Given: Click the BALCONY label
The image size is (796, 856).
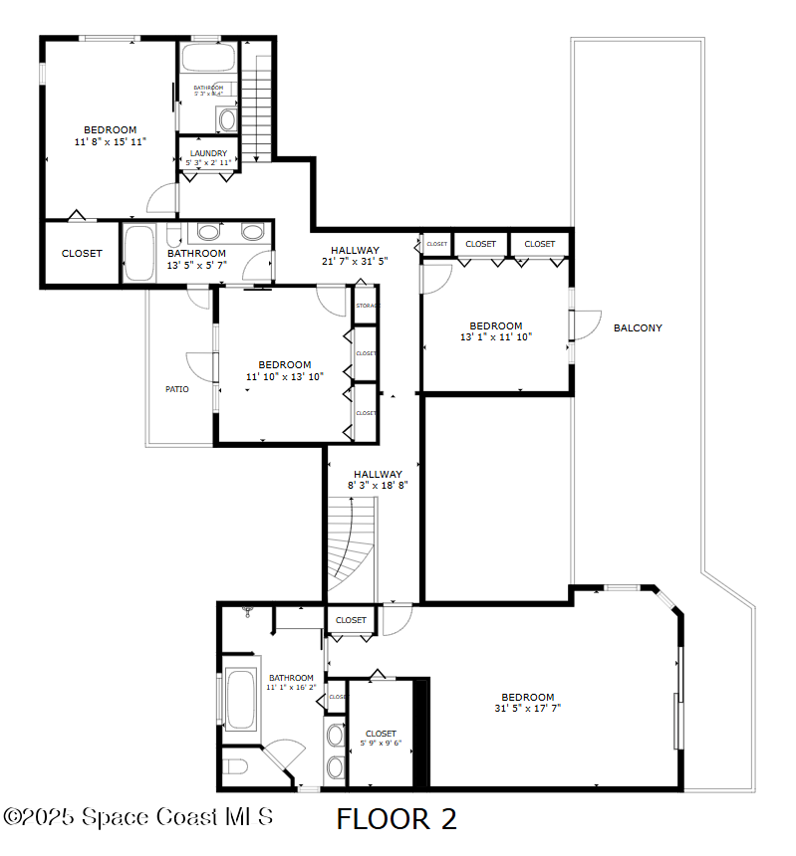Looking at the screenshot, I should (638, 327).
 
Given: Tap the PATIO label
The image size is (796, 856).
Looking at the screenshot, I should (177, 389).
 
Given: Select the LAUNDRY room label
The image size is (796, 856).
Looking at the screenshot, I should (208, 153).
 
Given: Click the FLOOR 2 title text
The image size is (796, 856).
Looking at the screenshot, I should (397, 819).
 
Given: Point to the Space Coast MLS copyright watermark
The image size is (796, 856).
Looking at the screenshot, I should (138, 816).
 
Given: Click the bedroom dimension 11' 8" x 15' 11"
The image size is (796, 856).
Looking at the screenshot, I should (110, 142).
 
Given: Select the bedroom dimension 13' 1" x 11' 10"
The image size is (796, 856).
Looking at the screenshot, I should (496, 337).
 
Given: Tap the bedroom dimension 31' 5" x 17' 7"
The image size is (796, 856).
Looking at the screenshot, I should (527, 709).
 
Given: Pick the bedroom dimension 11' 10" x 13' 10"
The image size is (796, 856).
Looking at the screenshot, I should (285, 376).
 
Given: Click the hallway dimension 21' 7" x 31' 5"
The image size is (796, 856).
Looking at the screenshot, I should (355, 262).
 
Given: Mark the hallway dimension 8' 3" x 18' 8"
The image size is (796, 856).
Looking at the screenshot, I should (378, 485).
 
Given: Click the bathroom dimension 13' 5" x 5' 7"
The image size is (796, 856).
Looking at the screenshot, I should (196, 265).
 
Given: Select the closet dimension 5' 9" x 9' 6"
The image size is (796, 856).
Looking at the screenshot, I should (381, 743).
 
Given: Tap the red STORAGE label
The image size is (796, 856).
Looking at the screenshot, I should (367, 307).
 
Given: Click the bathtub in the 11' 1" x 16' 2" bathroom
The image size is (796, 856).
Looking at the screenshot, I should (240, 700).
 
